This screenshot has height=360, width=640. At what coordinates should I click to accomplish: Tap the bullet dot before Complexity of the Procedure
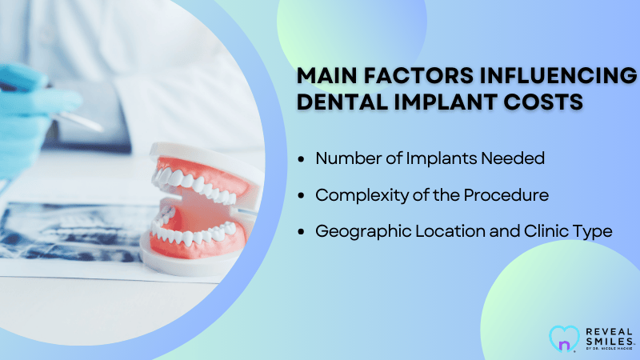click(302, 195)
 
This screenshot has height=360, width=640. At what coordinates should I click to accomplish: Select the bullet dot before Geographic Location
click(302, 232)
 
